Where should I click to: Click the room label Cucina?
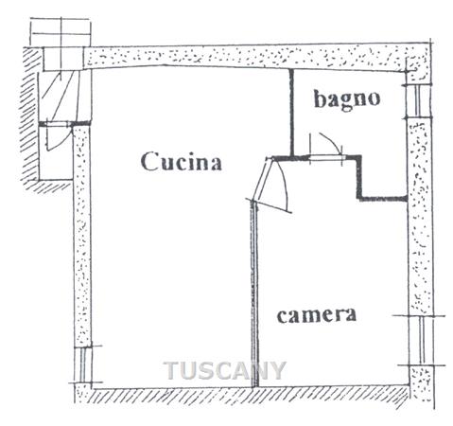181,162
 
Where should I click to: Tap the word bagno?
347,99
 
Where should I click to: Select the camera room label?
317,315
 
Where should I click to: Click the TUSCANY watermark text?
225,370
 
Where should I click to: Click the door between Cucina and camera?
270,184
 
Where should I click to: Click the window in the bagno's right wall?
417,101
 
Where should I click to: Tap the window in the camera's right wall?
422,340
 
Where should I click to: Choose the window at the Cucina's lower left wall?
83,364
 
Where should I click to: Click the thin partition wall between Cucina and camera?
254,294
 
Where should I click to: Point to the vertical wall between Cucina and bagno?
291,113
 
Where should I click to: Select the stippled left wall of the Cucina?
82,235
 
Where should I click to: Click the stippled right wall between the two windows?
419,216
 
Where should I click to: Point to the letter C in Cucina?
148,162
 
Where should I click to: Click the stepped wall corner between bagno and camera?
359,177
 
